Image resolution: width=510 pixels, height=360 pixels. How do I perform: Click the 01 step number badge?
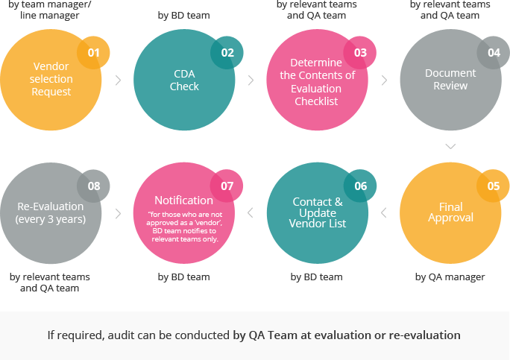click(x=93, y=53)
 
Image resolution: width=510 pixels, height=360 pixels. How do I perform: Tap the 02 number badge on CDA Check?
click(x=227, y=53)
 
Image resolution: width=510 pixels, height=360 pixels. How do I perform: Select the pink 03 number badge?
click(x=360, y=53)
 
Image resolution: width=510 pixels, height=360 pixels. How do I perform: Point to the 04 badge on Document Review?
click(x=494, y=53)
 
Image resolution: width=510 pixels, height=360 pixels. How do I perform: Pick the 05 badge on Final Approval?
click(x=493, y=186)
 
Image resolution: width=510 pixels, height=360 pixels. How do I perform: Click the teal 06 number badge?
click(x=360, y=186)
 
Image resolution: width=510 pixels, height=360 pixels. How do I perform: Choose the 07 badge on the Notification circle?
click(x=227, y=186)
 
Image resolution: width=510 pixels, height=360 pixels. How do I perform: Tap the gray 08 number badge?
click(x=93, y=186)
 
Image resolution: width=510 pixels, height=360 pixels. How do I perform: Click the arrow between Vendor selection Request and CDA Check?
click(x=119, y=80)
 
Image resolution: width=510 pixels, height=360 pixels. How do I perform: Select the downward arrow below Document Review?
click(x=450, y=146)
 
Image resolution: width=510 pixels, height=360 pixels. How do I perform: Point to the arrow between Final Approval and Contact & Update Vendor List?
click(x=384, y=213)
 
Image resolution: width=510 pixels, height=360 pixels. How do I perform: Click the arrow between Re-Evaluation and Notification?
click(x=119, y=214)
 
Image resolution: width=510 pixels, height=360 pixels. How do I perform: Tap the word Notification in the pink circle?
click(x=183, y=200)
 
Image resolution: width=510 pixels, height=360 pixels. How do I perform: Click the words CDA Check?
click(x=184, y=80)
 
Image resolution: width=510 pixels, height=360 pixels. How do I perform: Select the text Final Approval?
click(x=451, y=212)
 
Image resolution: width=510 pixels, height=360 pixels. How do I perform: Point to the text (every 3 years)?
click(x=51, y=219)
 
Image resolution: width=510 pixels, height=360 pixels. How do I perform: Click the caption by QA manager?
click(x=450, y=277)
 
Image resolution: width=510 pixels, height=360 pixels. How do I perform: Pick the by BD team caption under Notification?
click(x=183, y=277)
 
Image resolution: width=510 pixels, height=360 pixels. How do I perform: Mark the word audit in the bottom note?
click(x=119, y=335)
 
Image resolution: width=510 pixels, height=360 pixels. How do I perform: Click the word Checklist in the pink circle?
click(x=316, y=101)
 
